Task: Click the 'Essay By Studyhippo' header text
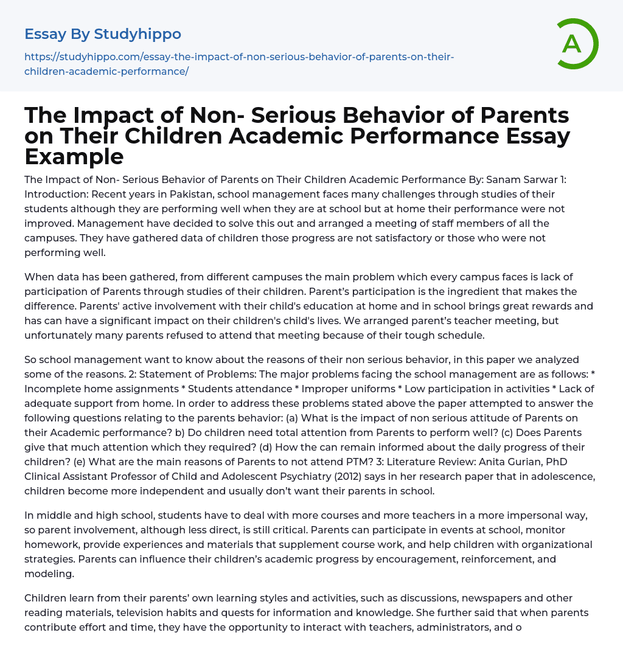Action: click(103, 34)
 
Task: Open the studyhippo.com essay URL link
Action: click(239, 64)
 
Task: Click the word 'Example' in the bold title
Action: click(74, 157)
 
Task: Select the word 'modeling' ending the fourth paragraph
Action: click(48, 574)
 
